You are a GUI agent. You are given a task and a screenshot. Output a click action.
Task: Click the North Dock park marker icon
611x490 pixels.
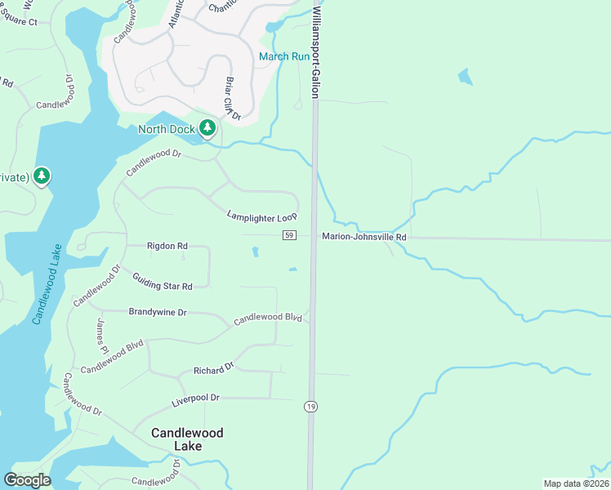coord(207,128)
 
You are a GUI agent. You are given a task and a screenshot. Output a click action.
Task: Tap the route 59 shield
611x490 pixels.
coord(289,236)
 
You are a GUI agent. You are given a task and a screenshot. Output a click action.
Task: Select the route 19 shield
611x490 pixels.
coord(310,406)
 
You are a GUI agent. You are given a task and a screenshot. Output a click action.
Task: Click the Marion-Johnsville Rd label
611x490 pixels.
coord(363,237)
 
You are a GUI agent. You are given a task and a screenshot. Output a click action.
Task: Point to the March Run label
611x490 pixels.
coord(284,56)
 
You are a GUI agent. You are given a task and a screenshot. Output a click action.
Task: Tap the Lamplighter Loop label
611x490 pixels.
coord(261,216)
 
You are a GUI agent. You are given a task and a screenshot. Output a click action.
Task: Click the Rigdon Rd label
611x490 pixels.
coord(167,245)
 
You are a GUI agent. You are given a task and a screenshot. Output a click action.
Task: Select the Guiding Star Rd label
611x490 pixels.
coord(162,280)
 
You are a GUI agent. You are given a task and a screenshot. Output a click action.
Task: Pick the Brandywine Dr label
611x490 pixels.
coord(158,312)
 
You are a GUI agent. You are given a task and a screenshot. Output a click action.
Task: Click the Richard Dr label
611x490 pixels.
coord(213,370)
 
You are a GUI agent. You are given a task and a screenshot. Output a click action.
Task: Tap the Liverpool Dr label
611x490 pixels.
coord(195,399)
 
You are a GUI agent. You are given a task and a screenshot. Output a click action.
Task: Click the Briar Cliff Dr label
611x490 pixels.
coord(232,100)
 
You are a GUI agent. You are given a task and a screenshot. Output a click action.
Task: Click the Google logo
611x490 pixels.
coord(27,480)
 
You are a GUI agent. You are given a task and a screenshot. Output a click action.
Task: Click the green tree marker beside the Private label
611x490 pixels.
coord(42,176)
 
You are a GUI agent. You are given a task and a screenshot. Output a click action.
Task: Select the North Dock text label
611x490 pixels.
coord(166,129)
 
